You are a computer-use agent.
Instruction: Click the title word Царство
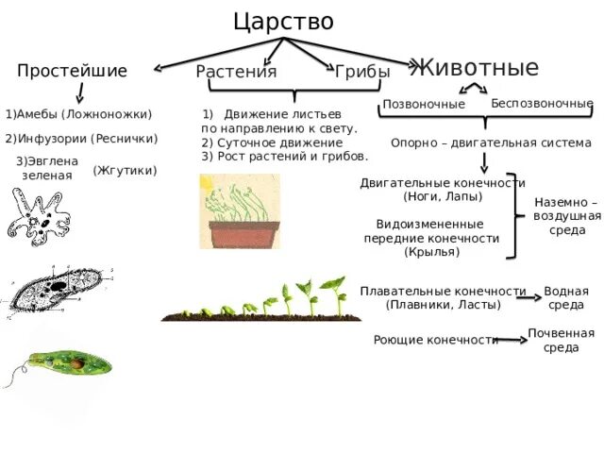coord(283,21)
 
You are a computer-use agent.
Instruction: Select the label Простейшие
coord(72,72)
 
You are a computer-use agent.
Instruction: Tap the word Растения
coord(236,72)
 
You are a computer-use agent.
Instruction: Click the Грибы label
coord(362,72)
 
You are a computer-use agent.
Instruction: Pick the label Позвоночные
coord(424,104)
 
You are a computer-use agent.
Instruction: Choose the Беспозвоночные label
coord(542,103)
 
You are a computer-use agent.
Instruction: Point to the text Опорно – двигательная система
coord(491,143)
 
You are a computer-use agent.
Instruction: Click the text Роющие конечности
coord(436,340)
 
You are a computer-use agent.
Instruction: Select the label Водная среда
coord(566,298)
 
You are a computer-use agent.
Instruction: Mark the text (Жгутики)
coord(126,171)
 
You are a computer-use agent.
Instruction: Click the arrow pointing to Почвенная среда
coord(512,339)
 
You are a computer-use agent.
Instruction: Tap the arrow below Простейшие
coord(80,92)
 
